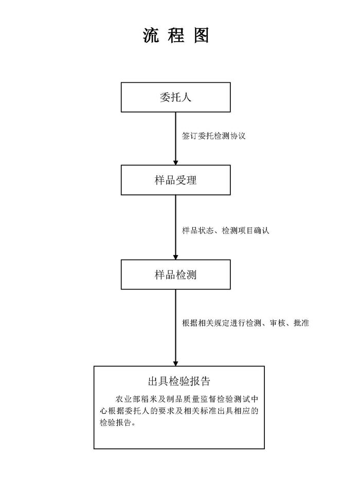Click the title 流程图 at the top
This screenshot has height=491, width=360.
click(x=176, y=35)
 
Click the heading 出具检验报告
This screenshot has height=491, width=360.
click(x=179, y=381)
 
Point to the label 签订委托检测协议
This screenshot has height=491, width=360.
click(x=213, y=136)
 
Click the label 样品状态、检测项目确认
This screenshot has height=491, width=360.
click(x=226, y=231)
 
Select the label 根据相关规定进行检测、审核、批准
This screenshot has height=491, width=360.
click(x=246, y=323)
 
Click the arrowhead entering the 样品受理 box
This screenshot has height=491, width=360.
click(x=176, y=162)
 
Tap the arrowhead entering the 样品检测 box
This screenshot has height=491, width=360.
click(x=176, y=257)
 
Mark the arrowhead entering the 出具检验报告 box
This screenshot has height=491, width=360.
click(x=176, y=363)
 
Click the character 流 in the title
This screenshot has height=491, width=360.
click(x=151, y=35)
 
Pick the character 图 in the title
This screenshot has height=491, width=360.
click(x=201, y=35)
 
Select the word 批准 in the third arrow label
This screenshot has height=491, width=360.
click(x=301, y=323)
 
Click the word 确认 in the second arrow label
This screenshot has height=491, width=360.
click(x=262, y=231)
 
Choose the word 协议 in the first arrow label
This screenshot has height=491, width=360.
click(x=238, y=136)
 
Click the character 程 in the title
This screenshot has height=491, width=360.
click(x=176, y=35)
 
